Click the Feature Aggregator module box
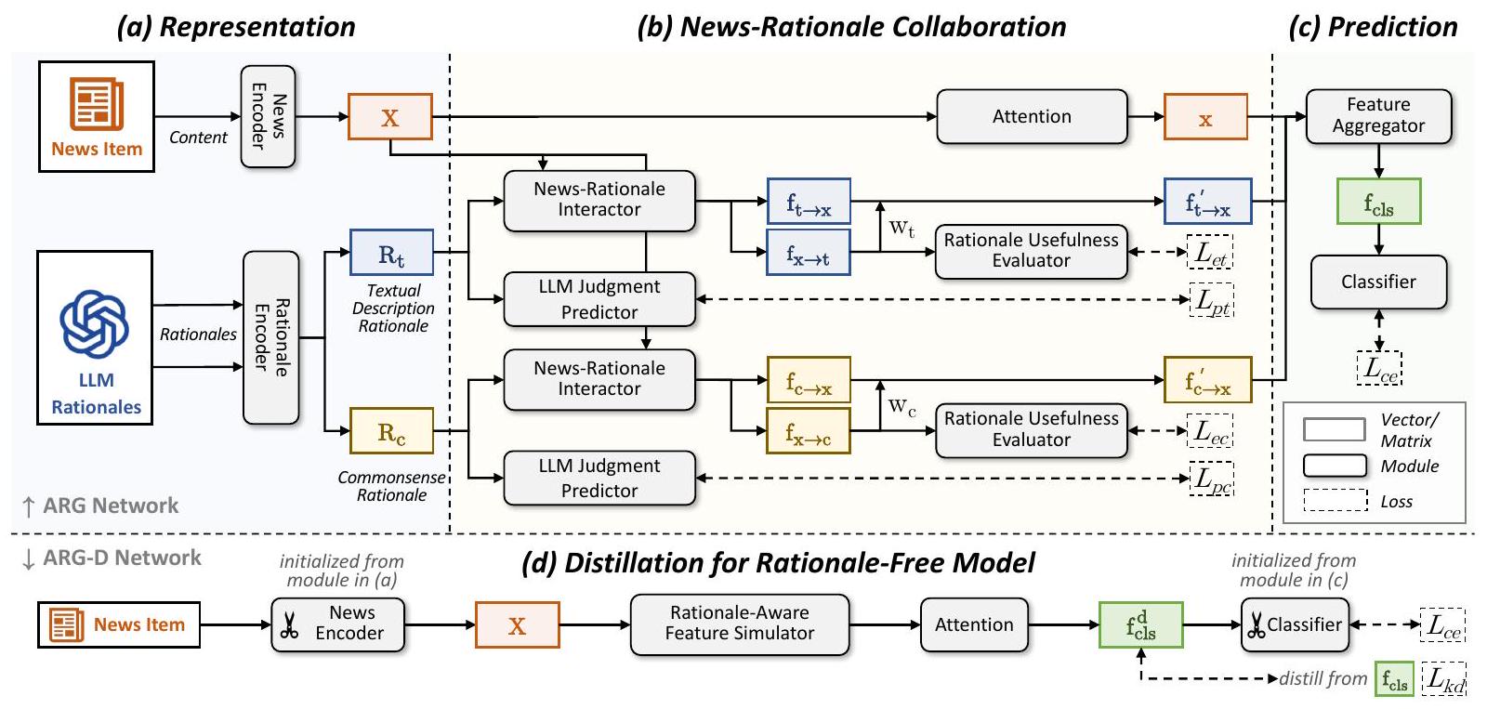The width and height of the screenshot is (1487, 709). [x=1377, y=116]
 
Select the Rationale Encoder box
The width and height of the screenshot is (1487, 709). [x=270, y=337]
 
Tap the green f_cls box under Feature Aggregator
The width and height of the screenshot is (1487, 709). [x=1378, y=202]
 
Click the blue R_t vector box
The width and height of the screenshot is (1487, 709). [x=391, y=252]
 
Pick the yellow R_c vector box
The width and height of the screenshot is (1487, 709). [x=391, y=431]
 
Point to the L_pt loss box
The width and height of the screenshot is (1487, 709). [x=1212, y=300]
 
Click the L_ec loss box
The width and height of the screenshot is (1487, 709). [x=1211, y=431]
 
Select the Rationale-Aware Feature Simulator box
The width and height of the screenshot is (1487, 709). [x=739, y=624]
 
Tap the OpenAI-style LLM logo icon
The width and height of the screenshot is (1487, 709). [x=94, y=323]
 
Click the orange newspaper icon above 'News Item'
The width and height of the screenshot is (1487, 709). [x=96, y=104]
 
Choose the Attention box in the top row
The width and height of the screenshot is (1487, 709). [x=1032, y=116]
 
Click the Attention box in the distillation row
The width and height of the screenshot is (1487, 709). [x=973, y=624]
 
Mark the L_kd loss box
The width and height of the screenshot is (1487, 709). [x=1444, y=678]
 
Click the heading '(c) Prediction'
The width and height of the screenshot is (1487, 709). [x=1373, y=27]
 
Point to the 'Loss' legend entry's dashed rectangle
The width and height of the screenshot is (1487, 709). [x=1335, y=500]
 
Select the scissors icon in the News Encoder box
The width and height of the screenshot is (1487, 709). [x=289, y=625]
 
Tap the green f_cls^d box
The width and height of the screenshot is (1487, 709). [x=1140, y=624]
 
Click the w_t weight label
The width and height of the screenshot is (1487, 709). [x=901, y=228]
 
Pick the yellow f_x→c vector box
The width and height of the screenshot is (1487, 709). [x=808, y=431]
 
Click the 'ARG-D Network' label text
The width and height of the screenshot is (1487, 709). [x=122, y=558]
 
